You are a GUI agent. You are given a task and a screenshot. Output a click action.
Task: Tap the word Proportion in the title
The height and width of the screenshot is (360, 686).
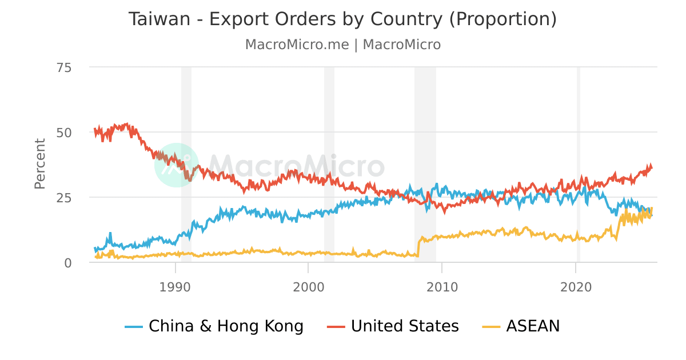coord(502,19)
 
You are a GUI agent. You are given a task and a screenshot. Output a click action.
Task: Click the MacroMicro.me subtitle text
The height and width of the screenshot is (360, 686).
coord(297,45)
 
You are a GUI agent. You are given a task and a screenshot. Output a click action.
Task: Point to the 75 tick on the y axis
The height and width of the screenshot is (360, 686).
coord(64,67)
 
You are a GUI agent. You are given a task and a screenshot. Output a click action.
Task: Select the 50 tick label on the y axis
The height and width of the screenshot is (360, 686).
coord(64,133)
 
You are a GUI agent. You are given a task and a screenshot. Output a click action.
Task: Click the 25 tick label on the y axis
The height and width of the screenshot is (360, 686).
coord(64,198)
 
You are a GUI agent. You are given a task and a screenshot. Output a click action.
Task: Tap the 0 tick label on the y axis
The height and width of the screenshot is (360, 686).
coord(67,263)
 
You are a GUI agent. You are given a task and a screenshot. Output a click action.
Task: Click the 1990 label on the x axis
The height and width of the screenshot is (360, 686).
coord(175,286)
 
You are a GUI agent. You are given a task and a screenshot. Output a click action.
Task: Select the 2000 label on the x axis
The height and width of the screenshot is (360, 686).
coord(308,286)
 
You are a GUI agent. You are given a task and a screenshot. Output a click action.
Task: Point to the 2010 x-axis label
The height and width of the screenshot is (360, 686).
coord(442,286)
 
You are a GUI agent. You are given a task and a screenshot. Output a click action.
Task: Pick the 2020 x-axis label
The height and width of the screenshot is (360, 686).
coord(576,286)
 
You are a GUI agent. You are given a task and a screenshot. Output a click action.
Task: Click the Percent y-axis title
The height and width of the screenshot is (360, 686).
coord(40,163)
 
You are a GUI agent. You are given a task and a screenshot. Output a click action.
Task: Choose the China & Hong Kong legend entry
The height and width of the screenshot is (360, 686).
coord(226,326)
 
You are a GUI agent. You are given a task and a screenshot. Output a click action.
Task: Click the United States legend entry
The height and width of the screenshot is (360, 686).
coord(405,326)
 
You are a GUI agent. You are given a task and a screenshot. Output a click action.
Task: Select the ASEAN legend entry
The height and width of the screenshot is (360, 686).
coord(533,326)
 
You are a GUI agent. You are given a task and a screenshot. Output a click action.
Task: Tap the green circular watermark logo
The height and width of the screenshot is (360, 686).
coord(177,165)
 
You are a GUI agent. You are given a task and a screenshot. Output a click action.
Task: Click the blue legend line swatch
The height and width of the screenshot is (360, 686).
coord(134,327)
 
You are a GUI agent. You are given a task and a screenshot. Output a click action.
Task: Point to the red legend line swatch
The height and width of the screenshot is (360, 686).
coord(336,327)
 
